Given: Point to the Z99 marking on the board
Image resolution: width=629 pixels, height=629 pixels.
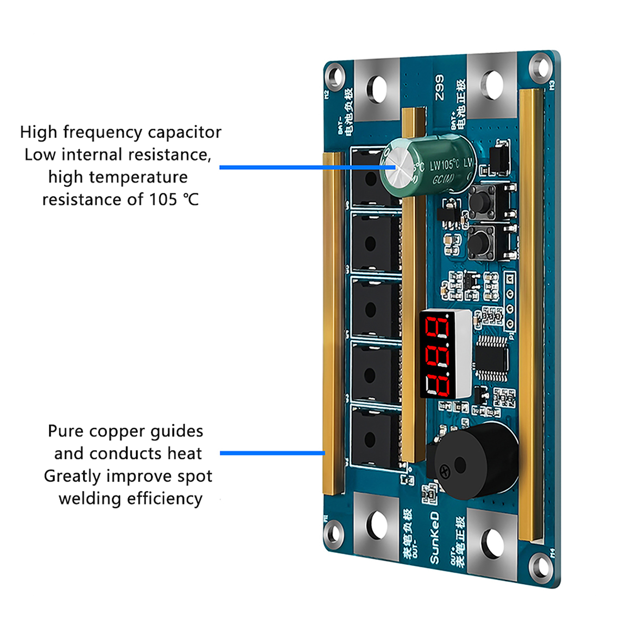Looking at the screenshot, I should [439, 87].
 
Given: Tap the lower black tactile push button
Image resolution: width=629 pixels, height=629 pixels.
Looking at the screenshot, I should [479, 243].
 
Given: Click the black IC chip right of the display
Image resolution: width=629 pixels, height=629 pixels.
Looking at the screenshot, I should [491, 358].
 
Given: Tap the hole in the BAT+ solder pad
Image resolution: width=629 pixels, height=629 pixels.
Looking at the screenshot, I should [491, 85].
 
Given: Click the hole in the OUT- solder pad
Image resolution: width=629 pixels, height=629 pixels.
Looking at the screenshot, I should [377, 525].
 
